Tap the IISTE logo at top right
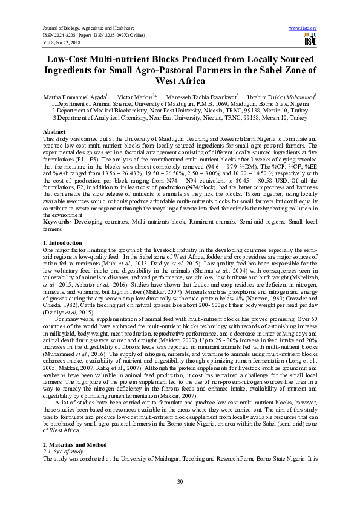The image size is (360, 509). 308,40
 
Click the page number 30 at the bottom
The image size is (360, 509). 180,481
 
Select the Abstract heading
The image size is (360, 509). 55,131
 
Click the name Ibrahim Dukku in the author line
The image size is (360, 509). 275,97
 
